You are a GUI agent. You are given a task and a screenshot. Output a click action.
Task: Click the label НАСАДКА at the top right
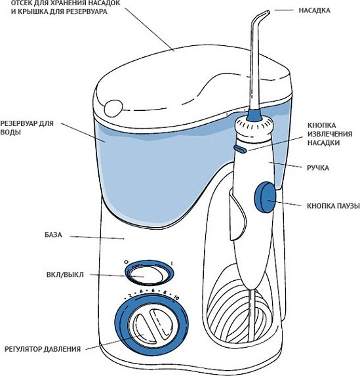tap(314, 10)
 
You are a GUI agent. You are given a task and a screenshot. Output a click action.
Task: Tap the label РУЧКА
tap(318, 168)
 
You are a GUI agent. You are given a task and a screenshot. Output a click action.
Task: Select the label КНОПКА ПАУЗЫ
tap(333, 206)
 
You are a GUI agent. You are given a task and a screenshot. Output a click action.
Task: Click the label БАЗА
tap(53, 235)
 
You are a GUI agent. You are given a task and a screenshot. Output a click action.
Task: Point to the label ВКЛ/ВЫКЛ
tap(65, 274)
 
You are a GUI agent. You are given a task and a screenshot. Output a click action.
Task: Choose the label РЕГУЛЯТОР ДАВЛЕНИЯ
tap(43, 349)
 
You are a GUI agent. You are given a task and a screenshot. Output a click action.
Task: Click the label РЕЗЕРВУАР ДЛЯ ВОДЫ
tap(27, 128)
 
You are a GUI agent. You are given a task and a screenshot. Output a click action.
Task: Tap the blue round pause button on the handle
tap(265, 197)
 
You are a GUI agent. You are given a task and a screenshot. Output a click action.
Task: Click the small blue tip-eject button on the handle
tap(240, 148)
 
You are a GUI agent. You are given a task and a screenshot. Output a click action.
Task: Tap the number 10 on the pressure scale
tap(176, 298)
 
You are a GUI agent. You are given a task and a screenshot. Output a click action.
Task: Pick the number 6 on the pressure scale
tap(153, 291)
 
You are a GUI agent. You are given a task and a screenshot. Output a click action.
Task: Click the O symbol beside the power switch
tap(126, 262)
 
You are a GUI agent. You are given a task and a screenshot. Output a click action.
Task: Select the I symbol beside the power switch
tap(172, 264)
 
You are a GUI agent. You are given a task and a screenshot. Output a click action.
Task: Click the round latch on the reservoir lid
tap(113, 108)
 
